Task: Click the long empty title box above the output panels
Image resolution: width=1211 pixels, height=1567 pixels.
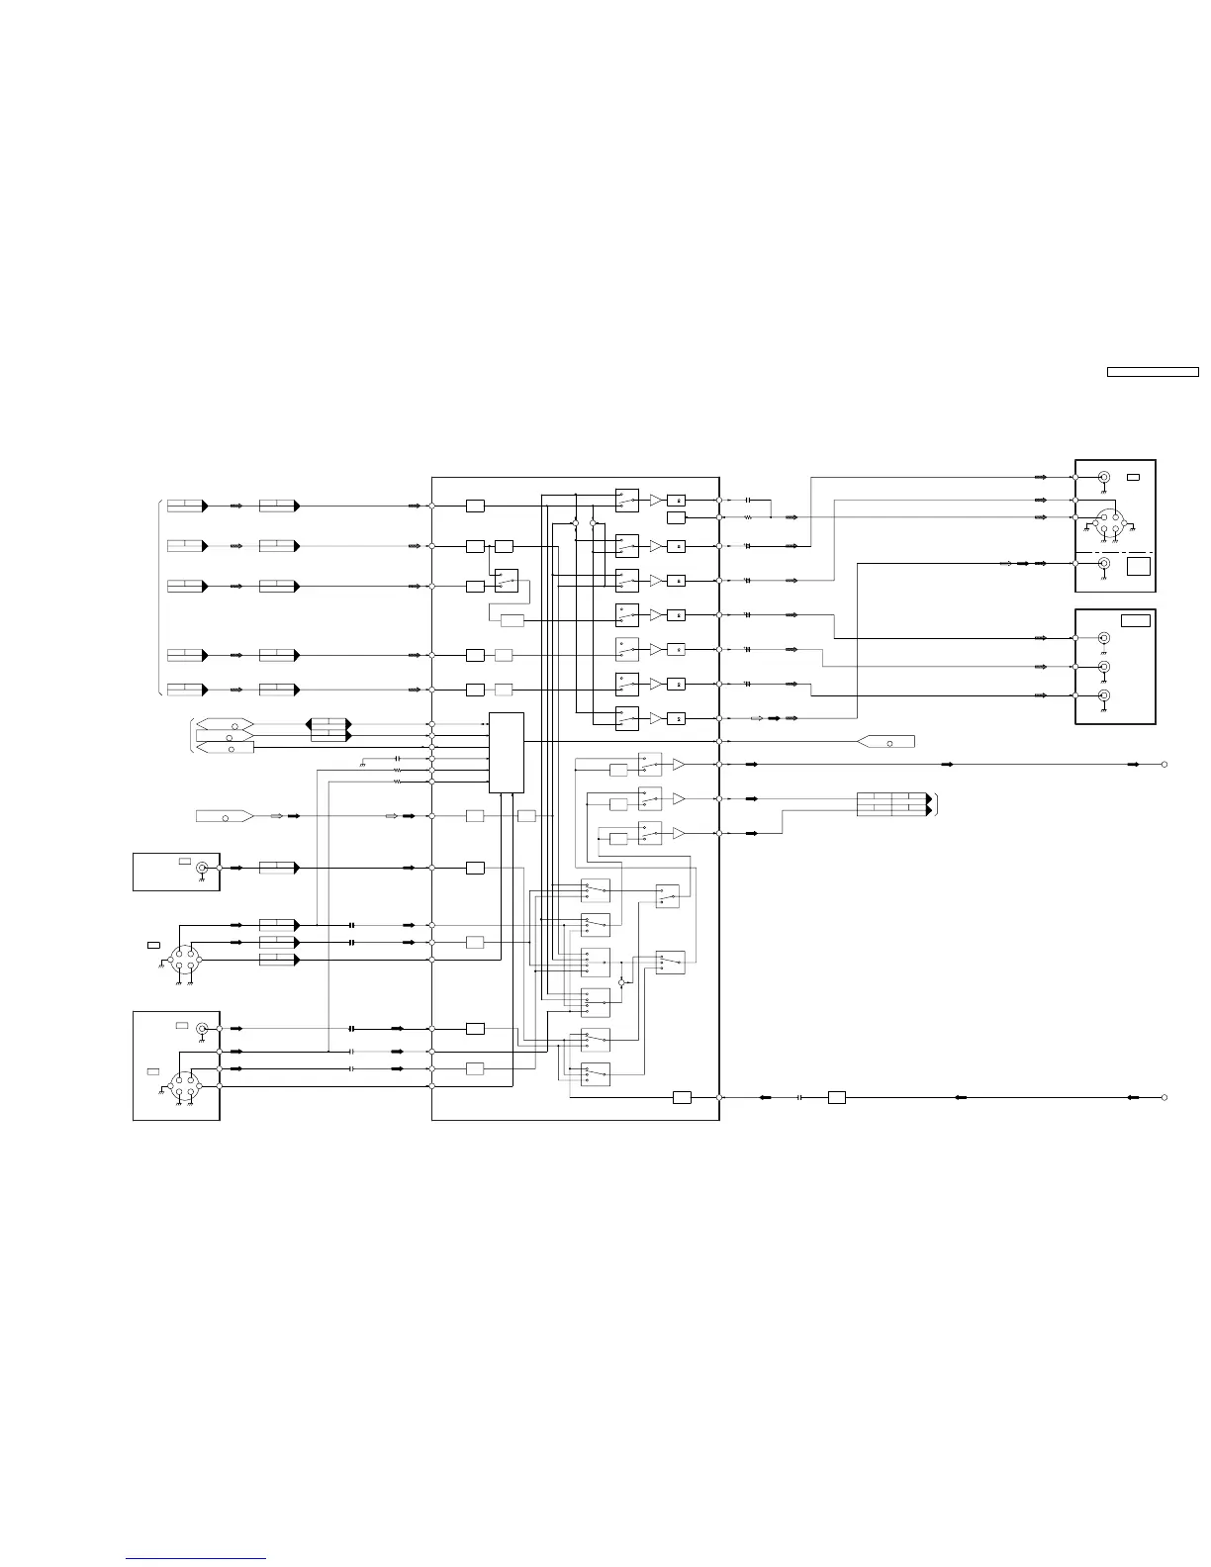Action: [x=1152, y=372]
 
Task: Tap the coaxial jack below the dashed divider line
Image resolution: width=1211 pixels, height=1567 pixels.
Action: [x=1104, y=564]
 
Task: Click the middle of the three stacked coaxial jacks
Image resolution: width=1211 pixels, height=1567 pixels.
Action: [x=1104, y=667]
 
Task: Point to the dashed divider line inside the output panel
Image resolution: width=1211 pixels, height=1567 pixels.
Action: [x=1115, y=552]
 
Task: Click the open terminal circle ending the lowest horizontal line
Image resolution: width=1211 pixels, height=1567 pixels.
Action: [x=1164, y=1097]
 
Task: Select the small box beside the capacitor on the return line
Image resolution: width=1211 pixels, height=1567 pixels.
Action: [x=836, y=1097]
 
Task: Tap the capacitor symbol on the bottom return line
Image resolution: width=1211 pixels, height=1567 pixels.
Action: [x=799, y=1097]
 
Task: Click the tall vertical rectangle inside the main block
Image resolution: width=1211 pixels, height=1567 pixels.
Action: [x=507, y=752]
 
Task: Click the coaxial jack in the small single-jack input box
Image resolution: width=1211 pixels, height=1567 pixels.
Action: [x=203, y=868]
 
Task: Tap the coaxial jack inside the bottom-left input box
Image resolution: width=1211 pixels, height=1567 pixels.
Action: [x=203, y=1030]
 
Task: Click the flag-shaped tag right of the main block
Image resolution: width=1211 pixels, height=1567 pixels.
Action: [x=887, y=741]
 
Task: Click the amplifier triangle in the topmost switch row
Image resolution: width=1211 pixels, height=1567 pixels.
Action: [x=655, y=501]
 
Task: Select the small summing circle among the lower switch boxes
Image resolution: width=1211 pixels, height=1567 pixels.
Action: [x=621, y=983]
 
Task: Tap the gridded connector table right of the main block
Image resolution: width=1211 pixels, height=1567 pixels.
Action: [x=893, y=803]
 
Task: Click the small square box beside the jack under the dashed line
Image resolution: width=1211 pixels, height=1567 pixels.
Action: [x=1139, y=566]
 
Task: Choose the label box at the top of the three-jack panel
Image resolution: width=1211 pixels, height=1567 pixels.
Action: [x=1136, y=620]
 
